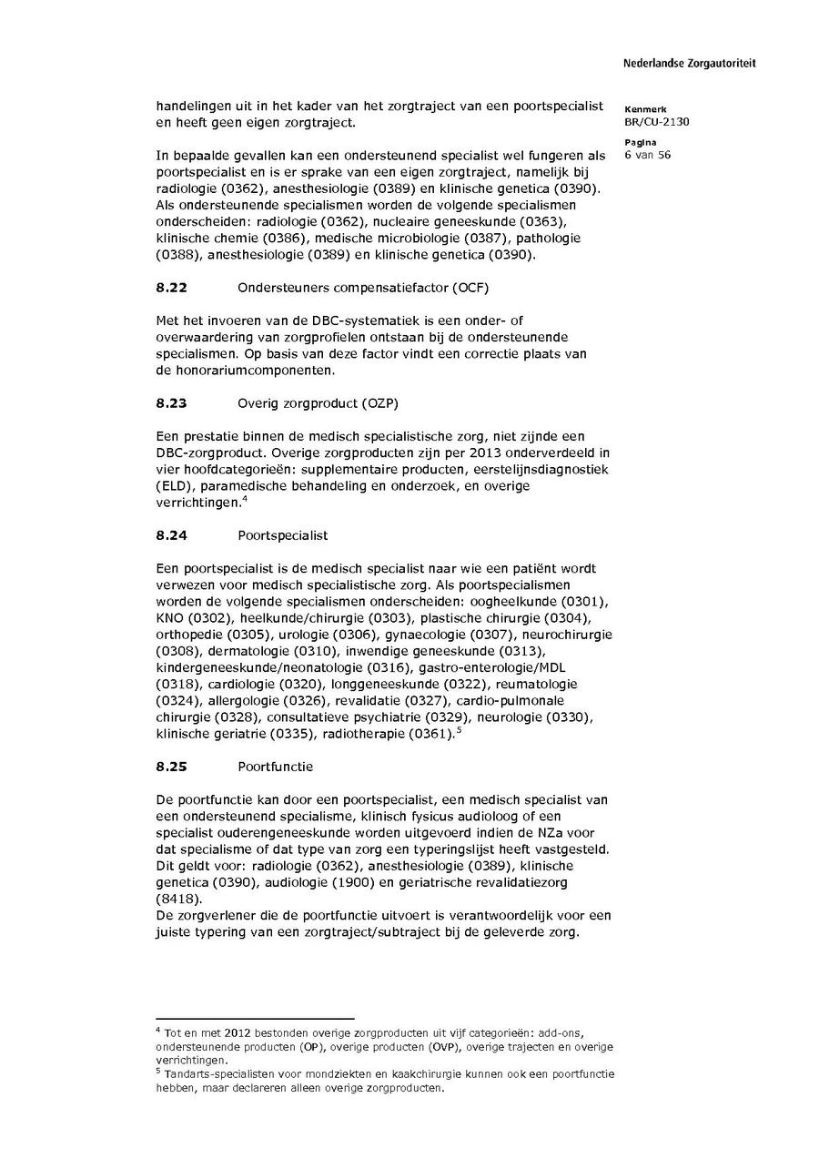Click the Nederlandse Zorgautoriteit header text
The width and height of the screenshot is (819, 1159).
click(x=689, y=64)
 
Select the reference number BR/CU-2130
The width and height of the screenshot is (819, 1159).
click(x=656, y=122)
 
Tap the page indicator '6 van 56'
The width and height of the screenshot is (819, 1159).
click(x=647, y=156)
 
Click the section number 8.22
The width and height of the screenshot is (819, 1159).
click(x=171, y=289)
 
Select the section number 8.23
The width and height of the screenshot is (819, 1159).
click(x=171, y=403)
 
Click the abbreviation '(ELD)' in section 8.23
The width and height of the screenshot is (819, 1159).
click(x=173, y=485)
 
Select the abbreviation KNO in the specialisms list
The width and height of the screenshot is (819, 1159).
click(x=170, y=618)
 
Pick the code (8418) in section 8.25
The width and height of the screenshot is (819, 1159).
click(x=177, y=898)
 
